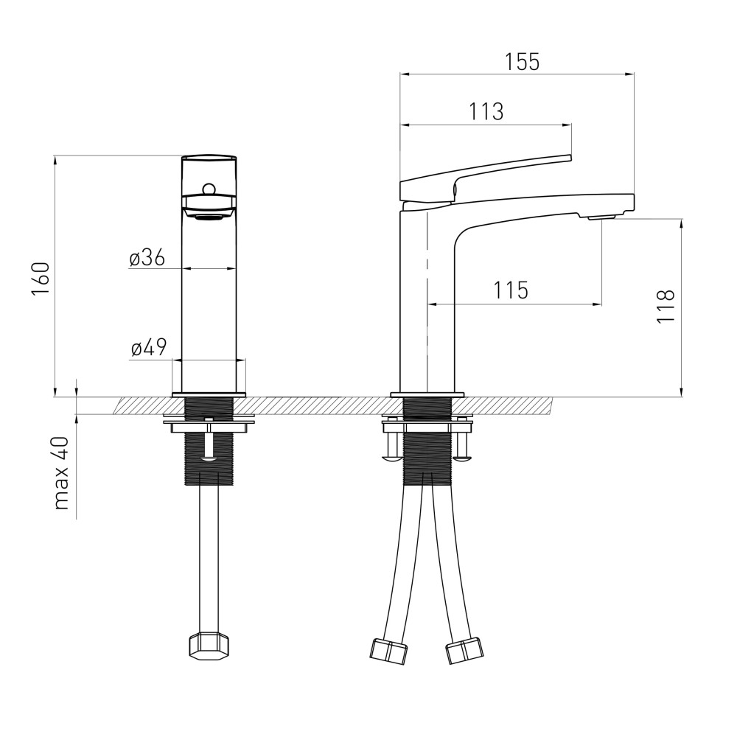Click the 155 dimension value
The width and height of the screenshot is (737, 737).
click(523, 62)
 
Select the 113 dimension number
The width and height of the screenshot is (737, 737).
click(486, 112)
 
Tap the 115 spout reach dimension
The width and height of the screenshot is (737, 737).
click(511, 290)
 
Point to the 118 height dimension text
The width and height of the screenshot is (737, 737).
click(666, 306)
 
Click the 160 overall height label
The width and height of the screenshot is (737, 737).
click(41, 279)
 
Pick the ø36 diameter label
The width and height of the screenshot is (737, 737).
click(147, 258)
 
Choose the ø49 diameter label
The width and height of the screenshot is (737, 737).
click(149, 349)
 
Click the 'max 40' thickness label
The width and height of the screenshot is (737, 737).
click(62, 474)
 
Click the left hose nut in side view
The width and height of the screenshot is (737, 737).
click(388, 651)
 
